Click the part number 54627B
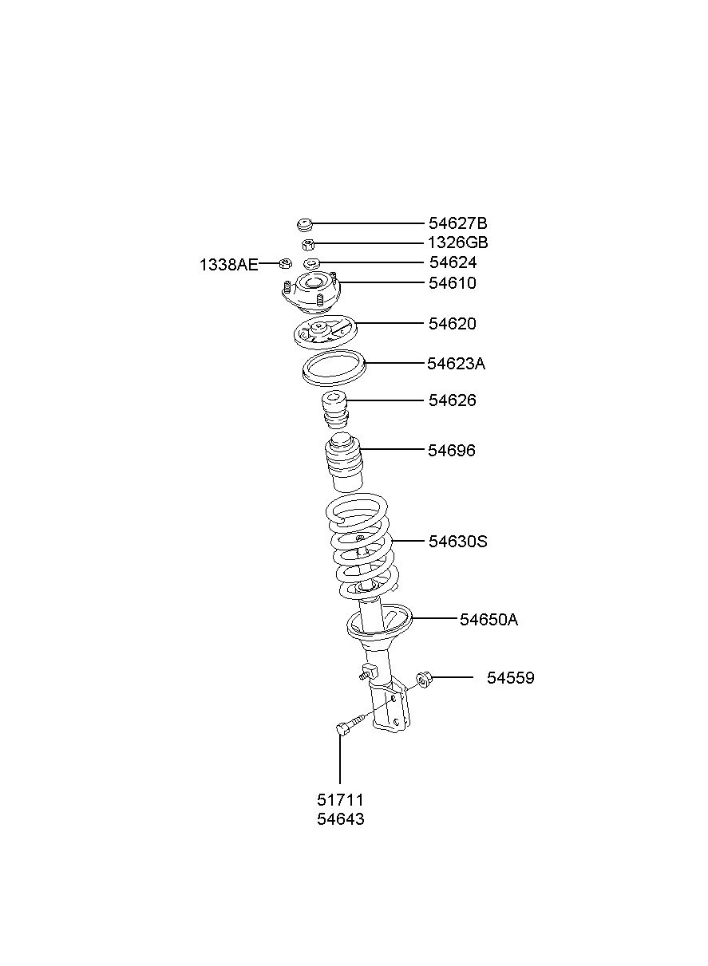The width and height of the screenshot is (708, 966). point(457,223)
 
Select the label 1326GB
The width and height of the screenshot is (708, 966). point(457,242)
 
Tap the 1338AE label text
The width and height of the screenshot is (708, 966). point(228,264)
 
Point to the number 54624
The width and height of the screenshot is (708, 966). point(453,262)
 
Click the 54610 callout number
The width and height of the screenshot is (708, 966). point(452,283)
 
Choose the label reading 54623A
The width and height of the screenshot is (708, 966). point(456,364)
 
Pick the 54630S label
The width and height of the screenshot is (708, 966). point(457,541)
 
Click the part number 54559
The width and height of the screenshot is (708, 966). point(510,678)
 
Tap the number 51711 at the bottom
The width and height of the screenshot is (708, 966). point(340,800)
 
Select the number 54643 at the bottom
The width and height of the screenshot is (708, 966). point(340,819)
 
